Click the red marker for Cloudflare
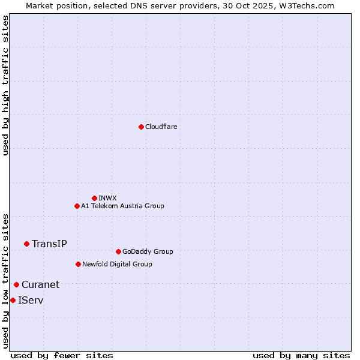pyautogui.click(x=141, y=127)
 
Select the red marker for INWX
pyautogui.click(x=94, y=198)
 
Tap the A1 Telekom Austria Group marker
pyautogui.click(x=77, y=206)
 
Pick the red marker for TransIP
pyautogui.click(x=26, y=244)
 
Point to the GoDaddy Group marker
pyautogui.click(x=118, y=251)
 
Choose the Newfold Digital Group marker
pyautogui.click(x=78, y=264)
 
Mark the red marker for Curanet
pyautogui.click(x=16, y=284)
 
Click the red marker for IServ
pyautogui.click(x=13, y=300)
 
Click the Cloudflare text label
pyautogui.click(x=161, y=127)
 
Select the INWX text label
pyautogui.click(x=107, y=198)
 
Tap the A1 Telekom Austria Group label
pyautogui.click(x=122, y=206)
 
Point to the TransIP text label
pyautogui.click(x=49, y=244)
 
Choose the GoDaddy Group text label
pyautogui.click(x=148, y=251)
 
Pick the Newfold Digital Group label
pyautogui.click(x=117, y=264)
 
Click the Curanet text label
pyautogui.click(x=40, y=284)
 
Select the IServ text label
pyautogui.click(x=31, y=300)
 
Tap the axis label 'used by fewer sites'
pyautogui.click(x=62, y=356)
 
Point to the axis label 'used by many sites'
pyautogui.click(x=301, y=356)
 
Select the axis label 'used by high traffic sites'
pyautogui.click(x=5, y=85)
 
